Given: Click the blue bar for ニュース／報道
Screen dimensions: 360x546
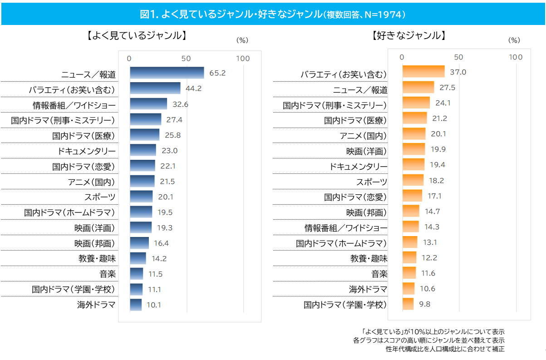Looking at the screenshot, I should click(167, 73).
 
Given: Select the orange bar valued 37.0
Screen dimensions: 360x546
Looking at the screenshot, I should click(423, 72).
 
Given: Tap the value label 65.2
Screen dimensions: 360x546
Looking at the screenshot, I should click(217, 73).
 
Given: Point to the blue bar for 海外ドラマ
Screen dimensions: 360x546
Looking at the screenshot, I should click(136, 305).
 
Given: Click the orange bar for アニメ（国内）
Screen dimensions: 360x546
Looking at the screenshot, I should click(414, 134).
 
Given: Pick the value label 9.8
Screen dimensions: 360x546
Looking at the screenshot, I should click(425, 304).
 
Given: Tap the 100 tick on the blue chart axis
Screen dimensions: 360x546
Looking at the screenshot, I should click(243, 58).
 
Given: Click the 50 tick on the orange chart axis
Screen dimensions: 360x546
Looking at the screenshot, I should click(458, 57).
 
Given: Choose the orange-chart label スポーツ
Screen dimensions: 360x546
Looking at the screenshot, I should click(372, 182).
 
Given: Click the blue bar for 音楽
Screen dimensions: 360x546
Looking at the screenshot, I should click(136, 274).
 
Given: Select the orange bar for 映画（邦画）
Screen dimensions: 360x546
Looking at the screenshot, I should click(411, 211).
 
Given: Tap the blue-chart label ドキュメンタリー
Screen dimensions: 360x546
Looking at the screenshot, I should click(86, 151).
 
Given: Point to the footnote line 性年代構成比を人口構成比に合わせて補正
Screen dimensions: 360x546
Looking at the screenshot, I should click(445, 349).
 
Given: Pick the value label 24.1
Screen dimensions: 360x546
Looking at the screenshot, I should click(443, 103).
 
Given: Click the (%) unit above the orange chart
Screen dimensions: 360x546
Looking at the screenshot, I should click(514, 40).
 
